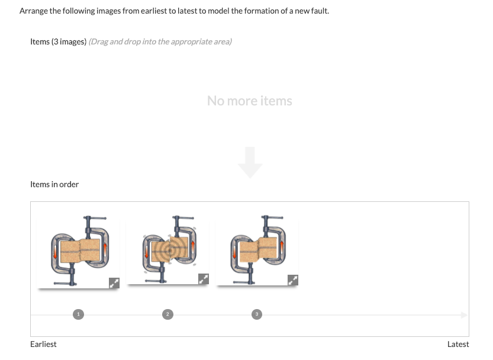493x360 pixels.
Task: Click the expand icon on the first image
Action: point(114,283)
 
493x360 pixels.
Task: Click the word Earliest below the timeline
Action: point(43,344)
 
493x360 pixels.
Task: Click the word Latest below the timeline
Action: point(457,344)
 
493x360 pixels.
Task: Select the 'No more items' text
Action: point(249,101)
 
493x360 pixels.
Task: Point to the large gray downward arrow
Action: point(250,162)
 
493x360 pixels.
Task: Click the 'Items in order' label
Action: point(54,184)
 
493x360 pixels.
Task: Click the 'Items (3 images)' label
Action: point(58,41)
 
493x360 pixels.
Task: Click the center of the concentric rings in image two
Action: point(169,250)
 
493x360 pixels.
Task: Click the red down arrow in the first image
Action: point(57,250)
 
